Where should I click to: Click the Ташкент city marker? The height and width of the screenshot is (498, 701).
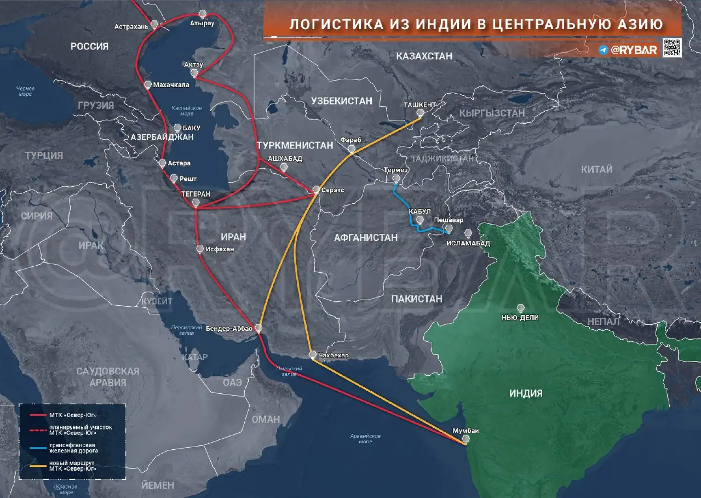pos(420,113)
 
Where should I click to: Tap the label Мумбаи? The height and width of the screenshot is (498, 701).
pos(466,431)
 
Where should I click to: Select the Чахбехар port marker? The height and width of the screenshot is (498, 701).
pos(312,354)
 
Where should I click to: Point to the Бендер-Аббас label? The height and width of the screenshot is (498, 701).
pos(229,328)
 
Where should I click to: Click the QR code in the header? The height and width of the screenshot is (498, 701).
pos(672,48)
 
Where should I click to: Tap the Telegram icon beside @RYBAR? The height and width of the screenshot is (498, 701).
pos(604,50)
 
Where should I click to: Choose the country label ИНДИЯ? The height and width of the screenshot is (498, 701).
pos(526,393)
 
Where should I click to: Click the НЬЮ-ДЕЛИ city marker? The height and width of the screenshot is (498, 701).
pos(520,308)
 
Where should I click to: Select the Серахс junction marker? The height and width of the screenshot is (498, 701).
pos(316,190)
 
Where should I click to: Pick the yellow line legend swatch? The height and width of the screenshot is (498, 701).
pos(34,466)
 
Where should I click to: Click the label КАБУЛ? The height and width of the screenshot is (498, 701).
pos(420,211)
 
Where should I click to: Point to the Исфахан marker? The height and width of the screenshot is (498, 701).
pos(200,249)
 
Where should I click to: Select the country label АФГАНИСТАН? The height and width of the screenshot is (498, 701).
pos(366,237)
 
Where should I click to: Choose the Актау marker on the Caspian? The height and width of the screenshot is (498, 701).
pos(194,72)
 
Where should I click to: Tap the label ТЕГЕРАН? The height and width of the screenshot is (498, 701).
pos(196,194)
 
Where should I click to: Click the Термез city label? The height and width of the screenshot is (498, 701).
pos(396,170)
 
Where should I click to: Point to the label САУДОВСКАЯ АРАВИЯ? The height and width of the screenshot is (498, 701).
pos(108,376)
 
